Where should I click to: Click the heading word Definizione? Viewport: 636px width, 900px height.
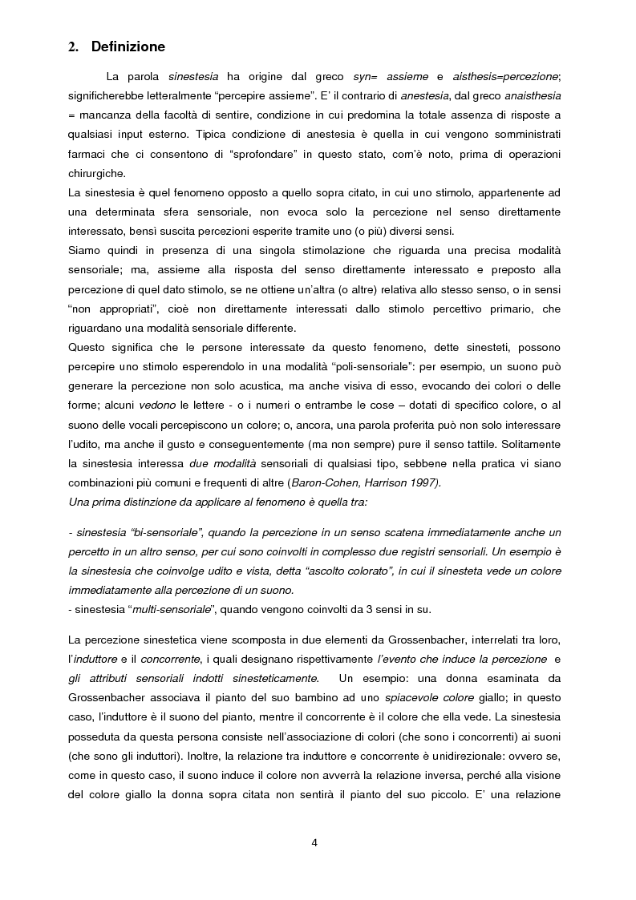[x=128, y=47]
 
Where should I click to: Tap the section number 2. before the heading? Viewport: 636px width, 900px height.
[x=73, y=47]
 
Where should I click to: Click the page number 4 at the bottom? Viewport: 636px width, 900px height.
[x=318, y=842]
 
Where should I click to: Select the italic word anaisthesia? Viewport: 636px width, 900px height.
[x=531, y=95]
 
